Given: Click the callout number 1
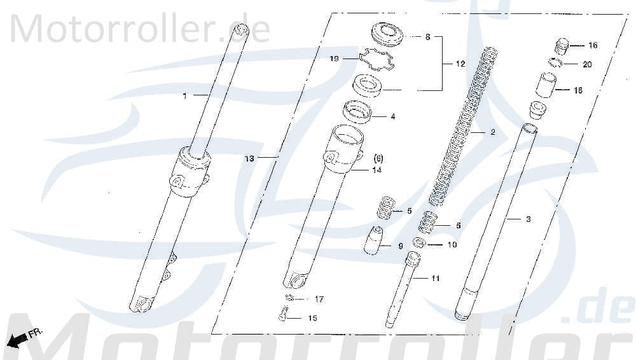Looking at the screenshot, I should tap(185, 96).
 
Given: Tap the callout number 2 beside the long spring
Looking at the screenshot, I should tap(492, 133).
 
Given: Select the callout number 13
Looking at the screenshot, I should tap(249, 158).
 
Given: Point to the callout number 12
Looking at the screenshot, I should tap(460, 64).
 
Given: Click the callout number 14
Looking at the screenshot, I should tap(377, 170).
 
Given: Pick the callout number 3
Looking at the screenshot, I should tap(528, 219).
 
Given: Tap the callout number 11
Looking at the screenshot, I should tap(435, 279).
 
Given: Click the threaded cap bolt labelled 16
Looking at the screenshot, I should tap(562, 46).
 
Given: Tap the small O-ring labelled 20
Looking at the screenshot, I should tap(555, 62).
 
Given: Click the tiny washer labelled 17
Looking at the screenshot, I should tap(290, 298).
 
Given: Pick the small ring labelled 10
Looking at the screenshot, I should tap(419, 242).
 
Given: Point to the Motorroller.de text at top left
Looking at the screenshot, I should tap(140, 30).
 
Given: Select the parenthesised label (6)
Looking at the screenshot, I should tap(378, 157).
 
